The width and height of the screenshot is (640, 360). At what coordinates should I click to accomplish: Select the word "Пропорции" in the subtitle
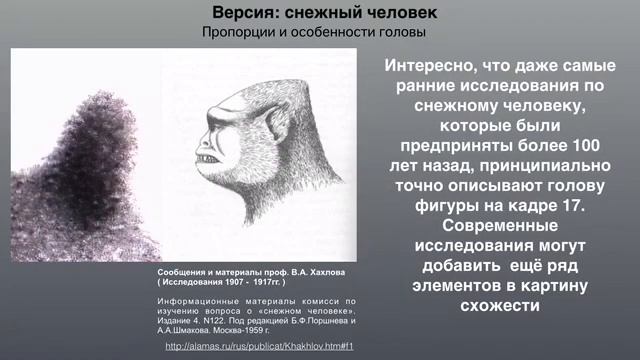click(x=240, y=33)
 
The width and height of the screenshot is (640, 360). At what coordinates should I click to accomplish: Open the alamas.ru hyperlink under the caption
click(x=260, y=346)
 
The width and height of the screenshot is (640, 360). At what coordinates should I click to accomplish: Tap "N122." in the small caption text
click(x=220, y=317)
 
